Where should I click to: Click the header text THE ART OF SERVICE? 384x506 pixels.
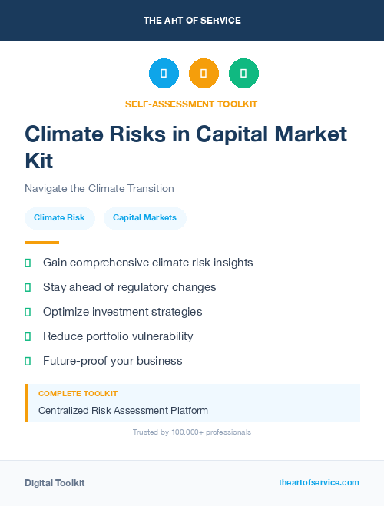(192, 21)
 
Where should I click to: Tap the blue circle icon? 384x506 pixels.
(164, 73)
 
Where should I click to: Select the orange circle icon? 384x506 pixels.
(204, 73)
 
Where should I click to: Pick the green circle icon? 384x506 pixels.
(243, 73)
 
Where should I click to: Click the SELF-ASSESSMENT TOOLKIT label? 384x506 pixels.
(192, 104)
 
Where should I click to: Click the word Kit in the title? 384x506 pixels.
(39, 161)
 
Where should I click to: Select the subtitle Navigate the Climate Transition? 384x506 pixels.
(99, 188)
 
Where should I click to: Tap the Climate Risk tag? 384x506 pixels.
(59, 218)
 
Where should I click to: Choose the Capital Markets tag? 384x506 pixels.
(144, 218)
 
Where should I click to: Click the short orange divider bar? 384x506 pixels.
(41, 243)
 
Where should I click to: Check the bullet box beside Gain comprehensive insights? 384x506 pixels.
(28, 263)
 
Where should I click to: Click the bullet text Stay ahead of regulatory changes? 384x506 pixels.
(129, 287)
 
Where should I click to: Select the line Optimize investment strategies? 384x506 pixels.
(122, 312)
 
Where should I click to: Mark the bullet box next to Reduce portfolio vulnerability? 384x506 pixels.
(28, 336)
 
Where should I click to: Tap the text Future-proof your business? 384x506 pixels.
(112, 361)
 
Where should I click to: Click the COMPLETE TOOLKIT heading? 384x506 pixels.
(78, 394)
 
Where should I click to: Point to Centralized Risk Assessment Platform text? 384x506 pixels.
(123, 411)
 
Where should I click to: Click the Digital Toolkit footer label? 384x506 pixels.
(55, 483)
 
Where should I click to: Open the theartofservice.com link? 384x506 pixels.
(319, 482)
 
